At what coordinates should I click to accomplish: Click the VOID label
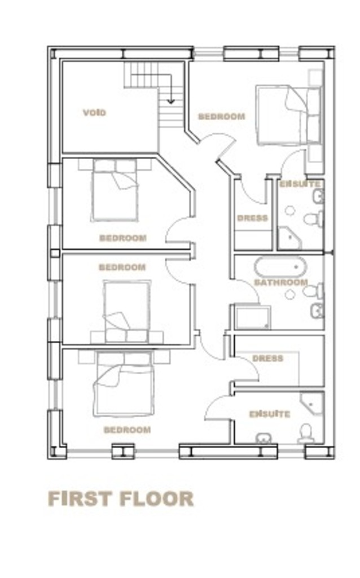pyautogui.click(x=94, y=112)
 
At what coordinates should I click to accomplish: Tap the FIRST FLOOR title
pyautogui.click(x=121, y=499)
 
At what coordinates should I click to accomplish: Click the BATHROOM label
pyautogui.click(x=281, y=282)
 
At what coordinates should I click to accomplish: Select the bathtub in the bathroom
pyautogui.click(x=280, y=267)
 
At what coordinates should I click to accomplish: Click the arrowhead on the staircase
pyautogui.click(x=170, y=100)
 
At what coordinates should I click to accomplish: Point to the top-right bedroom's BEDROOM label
pyautogui.click(x=221, y=116)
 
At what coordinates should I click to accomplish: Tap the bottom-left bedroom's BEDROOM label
pyautogui.click(x=127, y=430)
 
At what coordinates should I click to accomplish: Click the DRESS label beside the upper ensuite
pyautogui.click(x=252, y=218)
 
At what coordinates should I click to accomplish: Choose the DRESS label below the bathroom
pyautogui.click(x=268, y=358)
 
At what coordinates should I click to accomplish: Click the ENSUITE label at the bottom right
pyautogui.click(x=270, y=414)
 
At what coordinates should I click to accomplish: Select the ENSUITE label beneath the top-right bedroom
pyautogui.click(x=300, y=183)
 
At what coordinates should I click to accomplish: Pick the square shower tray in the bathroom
pyautogui.click(x=252, y=317)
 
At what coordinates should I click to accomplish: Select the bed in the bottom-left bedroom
pyautogui.click(x=124, y=383)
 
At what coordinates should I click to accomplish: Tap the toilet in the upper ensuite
pyautogui.click(x=314, y=220)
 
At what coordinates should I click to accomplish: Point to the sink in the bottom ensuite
pyautogui.click(x=264, y=438)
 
